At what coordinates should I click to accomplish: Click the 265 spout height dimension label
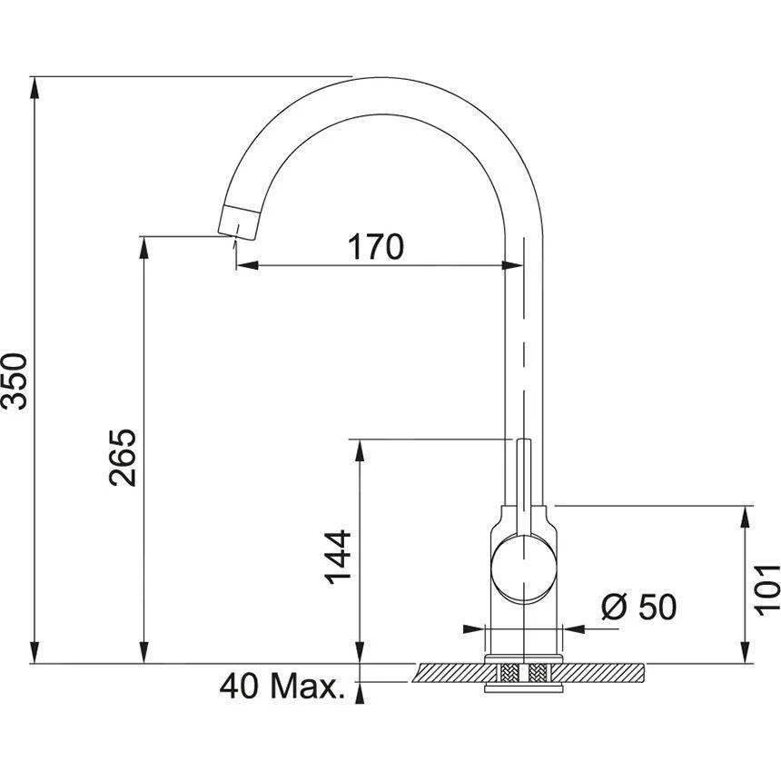124,456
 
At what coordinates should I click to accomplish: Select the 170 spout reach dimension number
373,246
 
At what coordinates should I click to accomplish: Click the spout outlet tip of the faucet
238,222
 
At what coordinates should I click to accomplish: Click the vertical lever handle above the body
523,481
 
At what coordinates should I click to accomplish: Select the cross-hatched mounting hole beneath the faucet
523,674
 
